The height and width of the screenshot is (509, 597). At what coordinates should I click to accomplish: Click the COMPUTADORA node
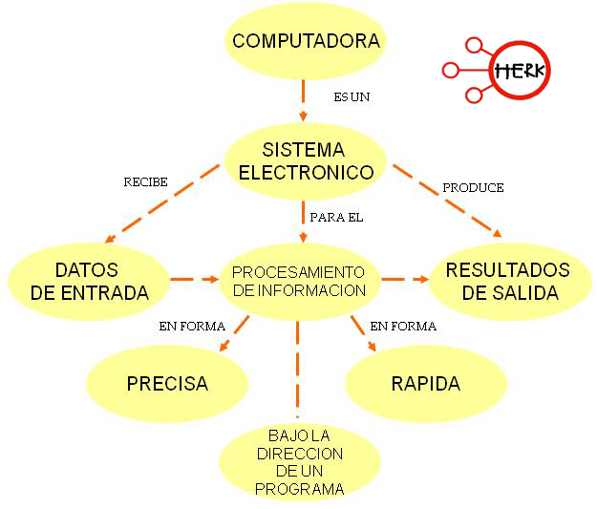coord(306,41)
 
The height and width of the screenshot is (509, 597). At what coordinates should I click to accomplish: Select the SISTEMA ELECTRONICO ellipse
coord(305,161)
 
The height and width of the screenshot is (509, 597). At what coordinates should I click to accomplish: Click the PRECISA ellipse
coord(167,384)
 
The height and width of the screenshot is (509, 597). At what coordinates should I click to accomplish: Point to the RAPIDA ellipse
coord(425,384)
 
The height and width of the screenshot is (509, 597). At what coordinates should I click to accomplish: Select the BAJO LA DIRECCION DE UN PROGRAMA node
coord(299,461)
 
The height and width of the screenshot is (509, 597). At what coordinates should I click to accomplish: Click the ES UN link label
coord(351,97)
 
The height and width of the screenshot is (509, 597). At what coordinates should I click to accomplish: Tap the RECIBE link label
coord(146,181)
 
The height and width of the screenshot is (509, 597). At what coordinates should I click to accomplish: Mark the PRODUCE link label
coord(473,187)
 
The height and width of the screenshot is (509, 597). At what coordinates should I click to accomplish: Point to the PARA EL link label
coord(336,218)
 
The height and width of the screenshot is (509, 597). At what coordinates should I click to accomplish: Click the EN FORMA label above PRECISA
coord(192,327)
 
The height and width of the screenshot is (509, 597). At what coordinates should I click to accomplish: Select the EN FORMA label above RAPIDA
coord(402,327)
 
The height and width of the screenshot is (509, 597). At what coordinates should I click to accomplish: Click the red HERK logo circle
coord(519,70)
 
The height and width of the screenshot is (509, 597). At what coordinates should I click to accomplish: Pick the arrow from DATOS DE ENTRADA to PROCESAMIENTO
coord(195,280)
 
